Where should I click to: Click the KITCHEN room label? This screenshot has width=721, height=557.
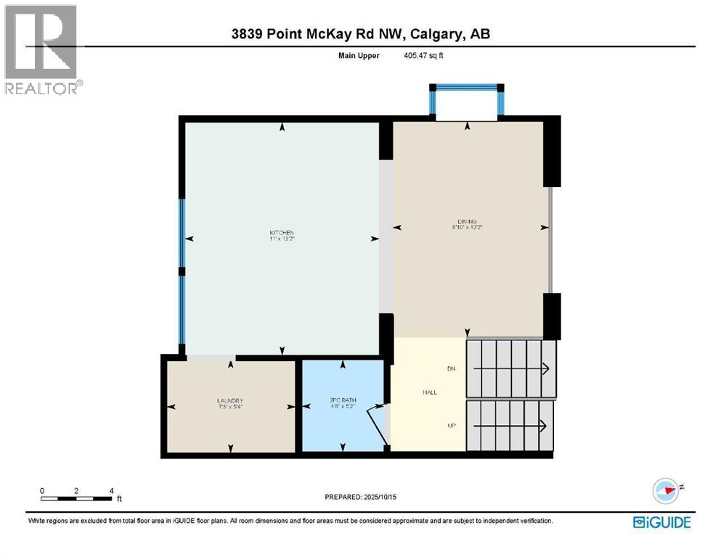coord(281,233)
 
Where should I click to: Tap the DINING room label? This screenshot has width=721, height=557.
coord(467,221)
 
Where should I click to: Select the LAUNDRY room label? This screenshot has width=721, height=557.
coord(229,401)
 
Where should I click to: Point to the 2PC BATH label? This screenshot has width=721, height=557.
coord(342,400)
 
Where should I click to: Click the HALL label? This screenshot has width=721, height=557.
coord(430,392)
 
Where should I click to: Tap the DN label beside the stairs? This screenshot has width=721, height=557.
coord(451,369)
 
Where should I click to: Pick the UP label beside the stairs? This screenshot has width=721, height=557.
coord(451,425)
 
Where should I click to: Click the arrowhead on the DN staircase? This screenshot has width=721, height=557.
coord(545,369)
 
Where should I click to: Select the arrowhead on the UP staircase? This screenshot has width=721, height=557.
coord(545,425)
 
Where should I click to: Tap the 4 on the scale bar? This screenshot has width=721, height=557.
coord(112,490)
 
